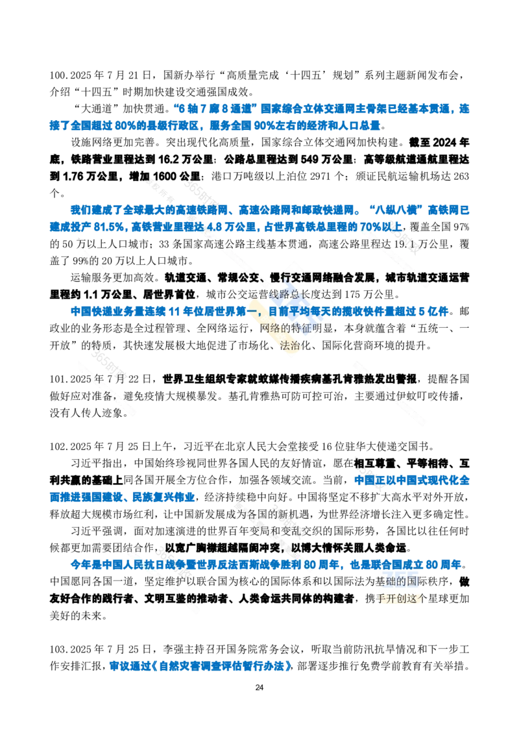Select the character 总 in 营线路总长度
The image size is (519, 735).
click(297, 293)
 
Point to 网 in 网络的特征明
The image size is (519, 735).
click(265, 328)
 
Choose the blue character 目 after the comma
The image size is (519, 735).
click(272, 311)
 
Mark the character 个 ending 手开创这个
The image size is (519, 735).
click(422, 598)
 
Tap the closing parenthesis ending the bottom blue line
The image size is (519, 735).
click(291, 666)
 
